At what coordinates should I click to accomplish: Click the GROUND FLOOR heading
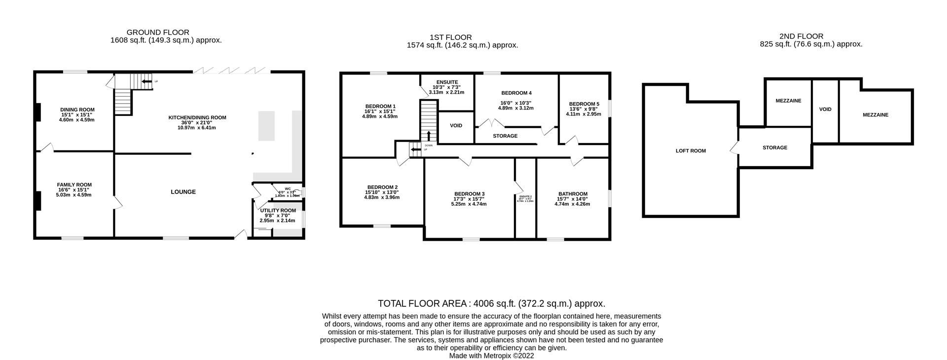157,33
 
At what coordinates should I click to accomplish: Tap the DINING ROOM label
77,109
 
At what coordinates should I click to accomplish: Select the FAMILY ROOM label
74,184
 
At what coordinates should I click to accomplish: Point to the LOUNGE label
183,192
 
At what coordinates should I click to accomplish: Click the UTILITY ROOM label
278,210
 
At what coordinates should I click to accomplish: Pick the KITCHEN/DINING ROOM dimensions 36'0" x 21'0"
197,122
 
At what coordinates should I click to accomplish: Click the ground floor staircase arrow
146,81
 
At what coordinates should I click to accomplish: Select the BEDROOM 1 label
380,106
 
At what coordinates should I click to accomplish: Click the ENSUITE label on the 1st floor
447,82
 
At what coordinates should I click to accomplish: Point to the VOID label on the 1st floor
456,126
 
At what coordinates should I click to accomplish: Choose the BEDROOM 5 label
583,104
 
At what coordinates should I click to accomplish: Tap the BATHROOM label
573,194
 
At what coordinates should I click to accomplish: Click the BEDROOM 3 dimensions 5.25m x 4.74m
469,204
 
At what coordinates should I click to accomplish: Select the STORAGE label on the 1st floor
505,136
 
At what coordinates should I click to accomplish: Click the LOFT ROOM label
691,151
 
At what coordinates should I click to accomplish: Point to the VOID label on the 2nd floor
825,109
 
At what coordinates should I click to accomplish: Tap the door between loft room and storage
734,147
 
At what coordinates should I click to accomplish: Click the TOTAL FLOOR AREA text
491,303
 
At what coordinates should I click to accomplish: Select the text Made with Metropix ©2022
491,355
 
